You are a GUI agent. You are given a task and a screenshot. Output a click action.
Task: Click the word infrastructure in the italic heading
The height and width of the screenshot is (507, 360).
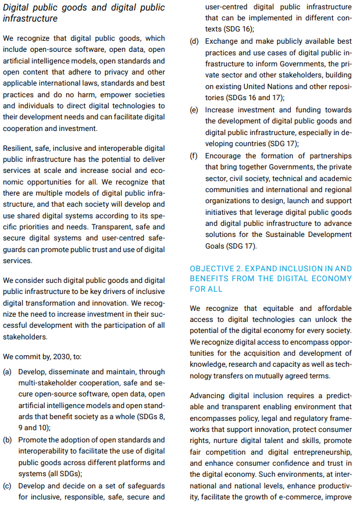pos(30,19)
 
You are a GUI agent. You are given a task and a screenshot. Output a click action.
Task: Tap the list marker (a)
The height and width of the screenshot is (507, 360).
pos(8,371)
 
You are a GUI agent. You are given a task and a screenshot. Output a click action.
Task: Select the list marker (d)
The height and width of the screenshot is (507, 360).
pos(195,42)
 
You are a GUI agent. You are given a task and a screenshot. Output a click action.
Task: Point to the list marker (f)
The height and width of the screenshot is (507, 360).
pos(195,156)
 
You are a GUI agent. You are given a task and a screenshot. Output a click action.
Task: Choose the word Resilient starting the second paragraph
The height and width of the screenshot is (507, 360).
pos(20,148)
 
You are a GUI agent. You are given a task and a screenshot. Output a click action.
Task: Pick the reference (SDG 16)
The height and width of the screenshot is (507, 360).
pos(240,29)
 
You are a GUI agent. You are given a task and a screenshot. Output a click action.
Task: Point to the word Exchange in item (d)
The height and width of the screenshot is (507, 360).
pos(223,42)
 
